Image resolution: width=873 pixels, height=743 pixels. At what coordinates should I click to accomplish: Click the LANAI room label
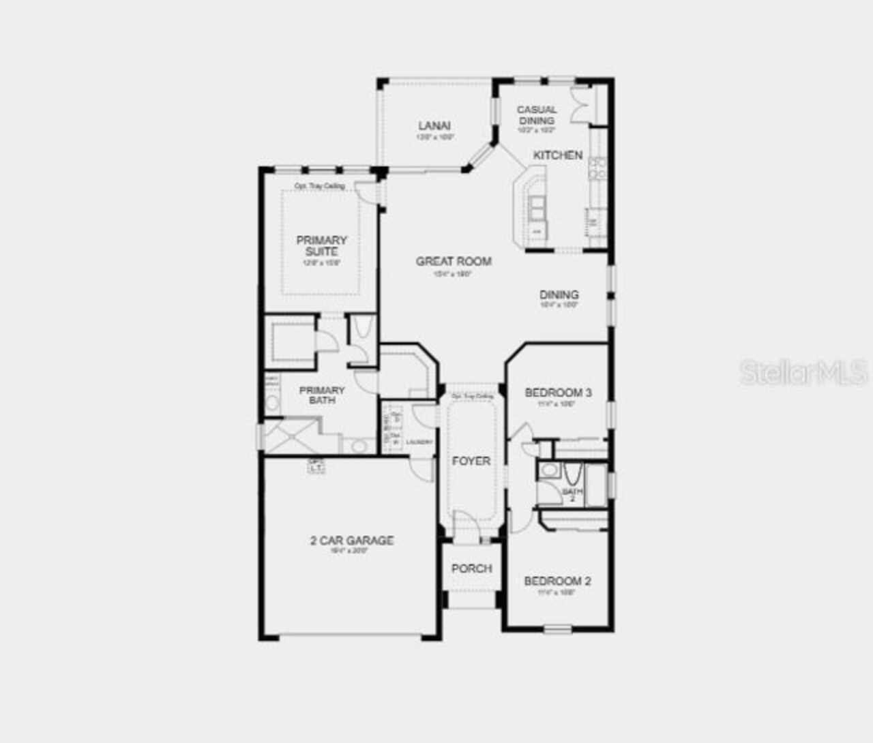tap(434, 125)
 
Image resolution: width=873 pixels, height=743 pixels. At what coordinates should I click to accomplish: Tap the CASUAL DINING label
tap(537, 115)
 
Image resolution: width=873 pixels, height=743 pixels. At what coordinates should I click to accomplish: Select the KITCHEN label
tap(558, 155)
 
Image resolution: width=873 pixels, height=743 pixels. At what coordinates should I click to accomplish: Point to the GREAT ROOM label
tap(454, 261)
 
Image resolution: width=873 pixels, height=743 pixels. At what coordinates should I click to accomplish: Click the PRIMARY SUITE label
tap(321, 245)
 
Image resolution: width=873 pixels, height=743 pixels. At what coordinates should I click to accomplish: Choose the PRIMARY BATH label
tap(322, 395)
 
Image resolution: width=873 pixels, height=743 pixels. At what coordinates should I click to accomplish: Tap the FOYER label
tap(471, 461)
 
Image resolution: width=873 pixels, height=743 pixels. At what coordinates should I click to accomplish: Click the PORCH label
tap(471, 568)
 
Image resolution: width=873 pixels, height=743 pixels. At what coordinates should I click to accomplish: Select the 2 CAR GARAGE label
tap(352, 541)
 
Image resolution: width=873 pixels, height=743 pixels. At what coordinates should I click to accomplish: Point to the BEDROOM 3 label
tap(558, 393)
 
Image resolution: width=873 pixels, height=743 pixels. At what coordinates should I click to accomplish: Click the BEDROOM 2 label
tap(557, 581)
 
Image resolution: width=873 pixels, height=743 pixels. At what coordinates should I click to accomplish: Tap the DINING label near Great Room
tap(559, 295)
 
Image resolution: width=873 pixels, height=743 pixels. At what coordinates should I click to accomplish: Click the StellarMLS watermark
tap(803, 372)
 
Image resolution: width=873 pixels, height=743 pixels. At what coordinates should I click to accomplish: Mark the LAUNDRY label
tap(419, 442)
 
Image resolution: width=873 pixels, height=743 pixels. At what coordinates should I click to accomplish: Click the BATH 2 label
tap(572, 494)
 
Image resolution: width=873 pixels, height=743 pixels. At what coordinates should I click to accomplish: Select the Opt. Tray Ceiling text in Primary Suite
tap(319, 185)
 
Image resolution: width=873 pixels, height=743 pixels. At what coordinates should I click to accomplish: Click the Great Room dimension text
tap(454, 274)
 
